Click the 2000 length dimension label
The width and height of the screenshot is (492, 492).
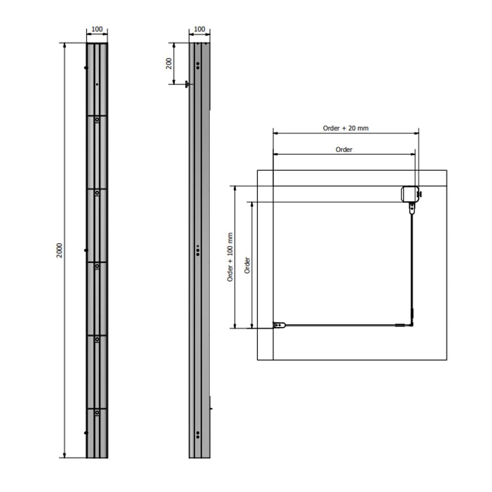click(x=59, y=250)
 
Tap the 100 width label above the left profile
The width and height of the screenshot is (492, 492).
click(x=97, y=29)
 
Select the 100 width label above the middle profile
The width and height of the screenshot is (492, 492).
click(x=200, y=29)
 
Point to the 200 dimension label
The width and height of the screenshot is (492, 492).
click(x=169, y=63)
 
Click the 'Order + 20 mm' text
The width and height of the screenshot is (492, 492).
click(x=346, y=128)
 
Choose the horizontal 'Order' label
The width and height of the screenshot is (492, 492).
click(x=344, y=149)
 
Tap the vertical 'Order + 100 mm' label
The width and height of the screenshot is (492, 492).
click(x=230, y=257)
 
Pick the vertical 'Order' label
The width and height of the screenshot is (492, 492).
click(x=247, y=265)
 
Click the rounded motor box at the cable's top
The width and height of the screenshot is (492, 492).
click(x=410, y=194)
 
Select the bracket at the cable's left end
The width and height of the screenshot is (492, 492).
click(x=279, y=325)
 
